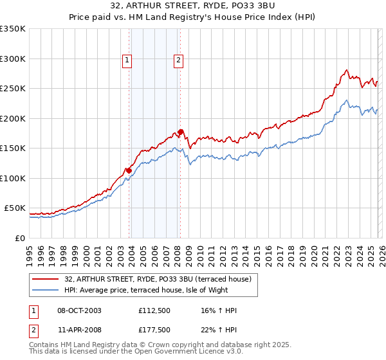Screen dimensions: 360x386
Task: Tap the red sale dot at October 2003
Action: click(x=129, y=170)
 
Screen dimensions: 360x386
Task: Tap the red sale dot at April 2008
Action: click(x=181, y=132)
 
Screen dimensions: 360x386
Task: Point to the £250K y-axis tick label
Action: click(x=13, y=89)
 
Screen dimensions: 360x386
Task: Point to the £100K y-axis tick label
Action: click(x=13, y=178)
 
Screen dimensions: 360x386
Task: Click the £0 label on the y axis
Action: click(x=21, y=238)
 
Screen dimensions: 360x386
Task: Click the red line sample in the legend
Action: click(x=46, y=278)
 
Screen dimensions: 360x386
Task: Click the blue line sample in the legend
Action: click(x=46, y=290)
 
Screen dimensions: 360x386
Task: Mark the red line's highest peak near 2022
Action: click(x=347, y=70)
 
